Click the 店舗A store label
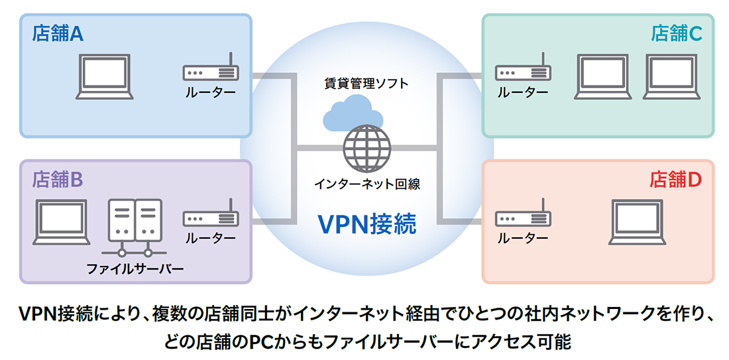(x=58, y=34)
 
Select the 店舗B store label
(x=58, y=179)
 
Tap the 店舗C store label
(x=671, y=34)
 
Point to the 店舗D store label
(x=671, y=179)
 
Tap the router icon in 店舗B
(x=210, y=217)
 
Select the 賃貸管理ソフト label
(x=366, y=84)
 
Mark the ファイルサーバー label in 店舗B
(x=135, y=269)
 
